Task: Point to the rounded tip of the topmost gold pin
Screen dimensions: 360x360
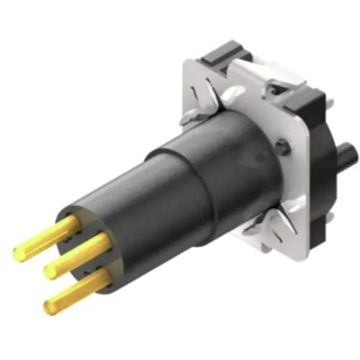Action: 17,254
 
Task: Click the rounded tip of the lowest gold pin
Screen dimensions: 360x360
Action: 49,307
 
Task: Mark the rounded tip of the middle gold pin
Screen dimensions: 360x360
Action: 49,271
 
